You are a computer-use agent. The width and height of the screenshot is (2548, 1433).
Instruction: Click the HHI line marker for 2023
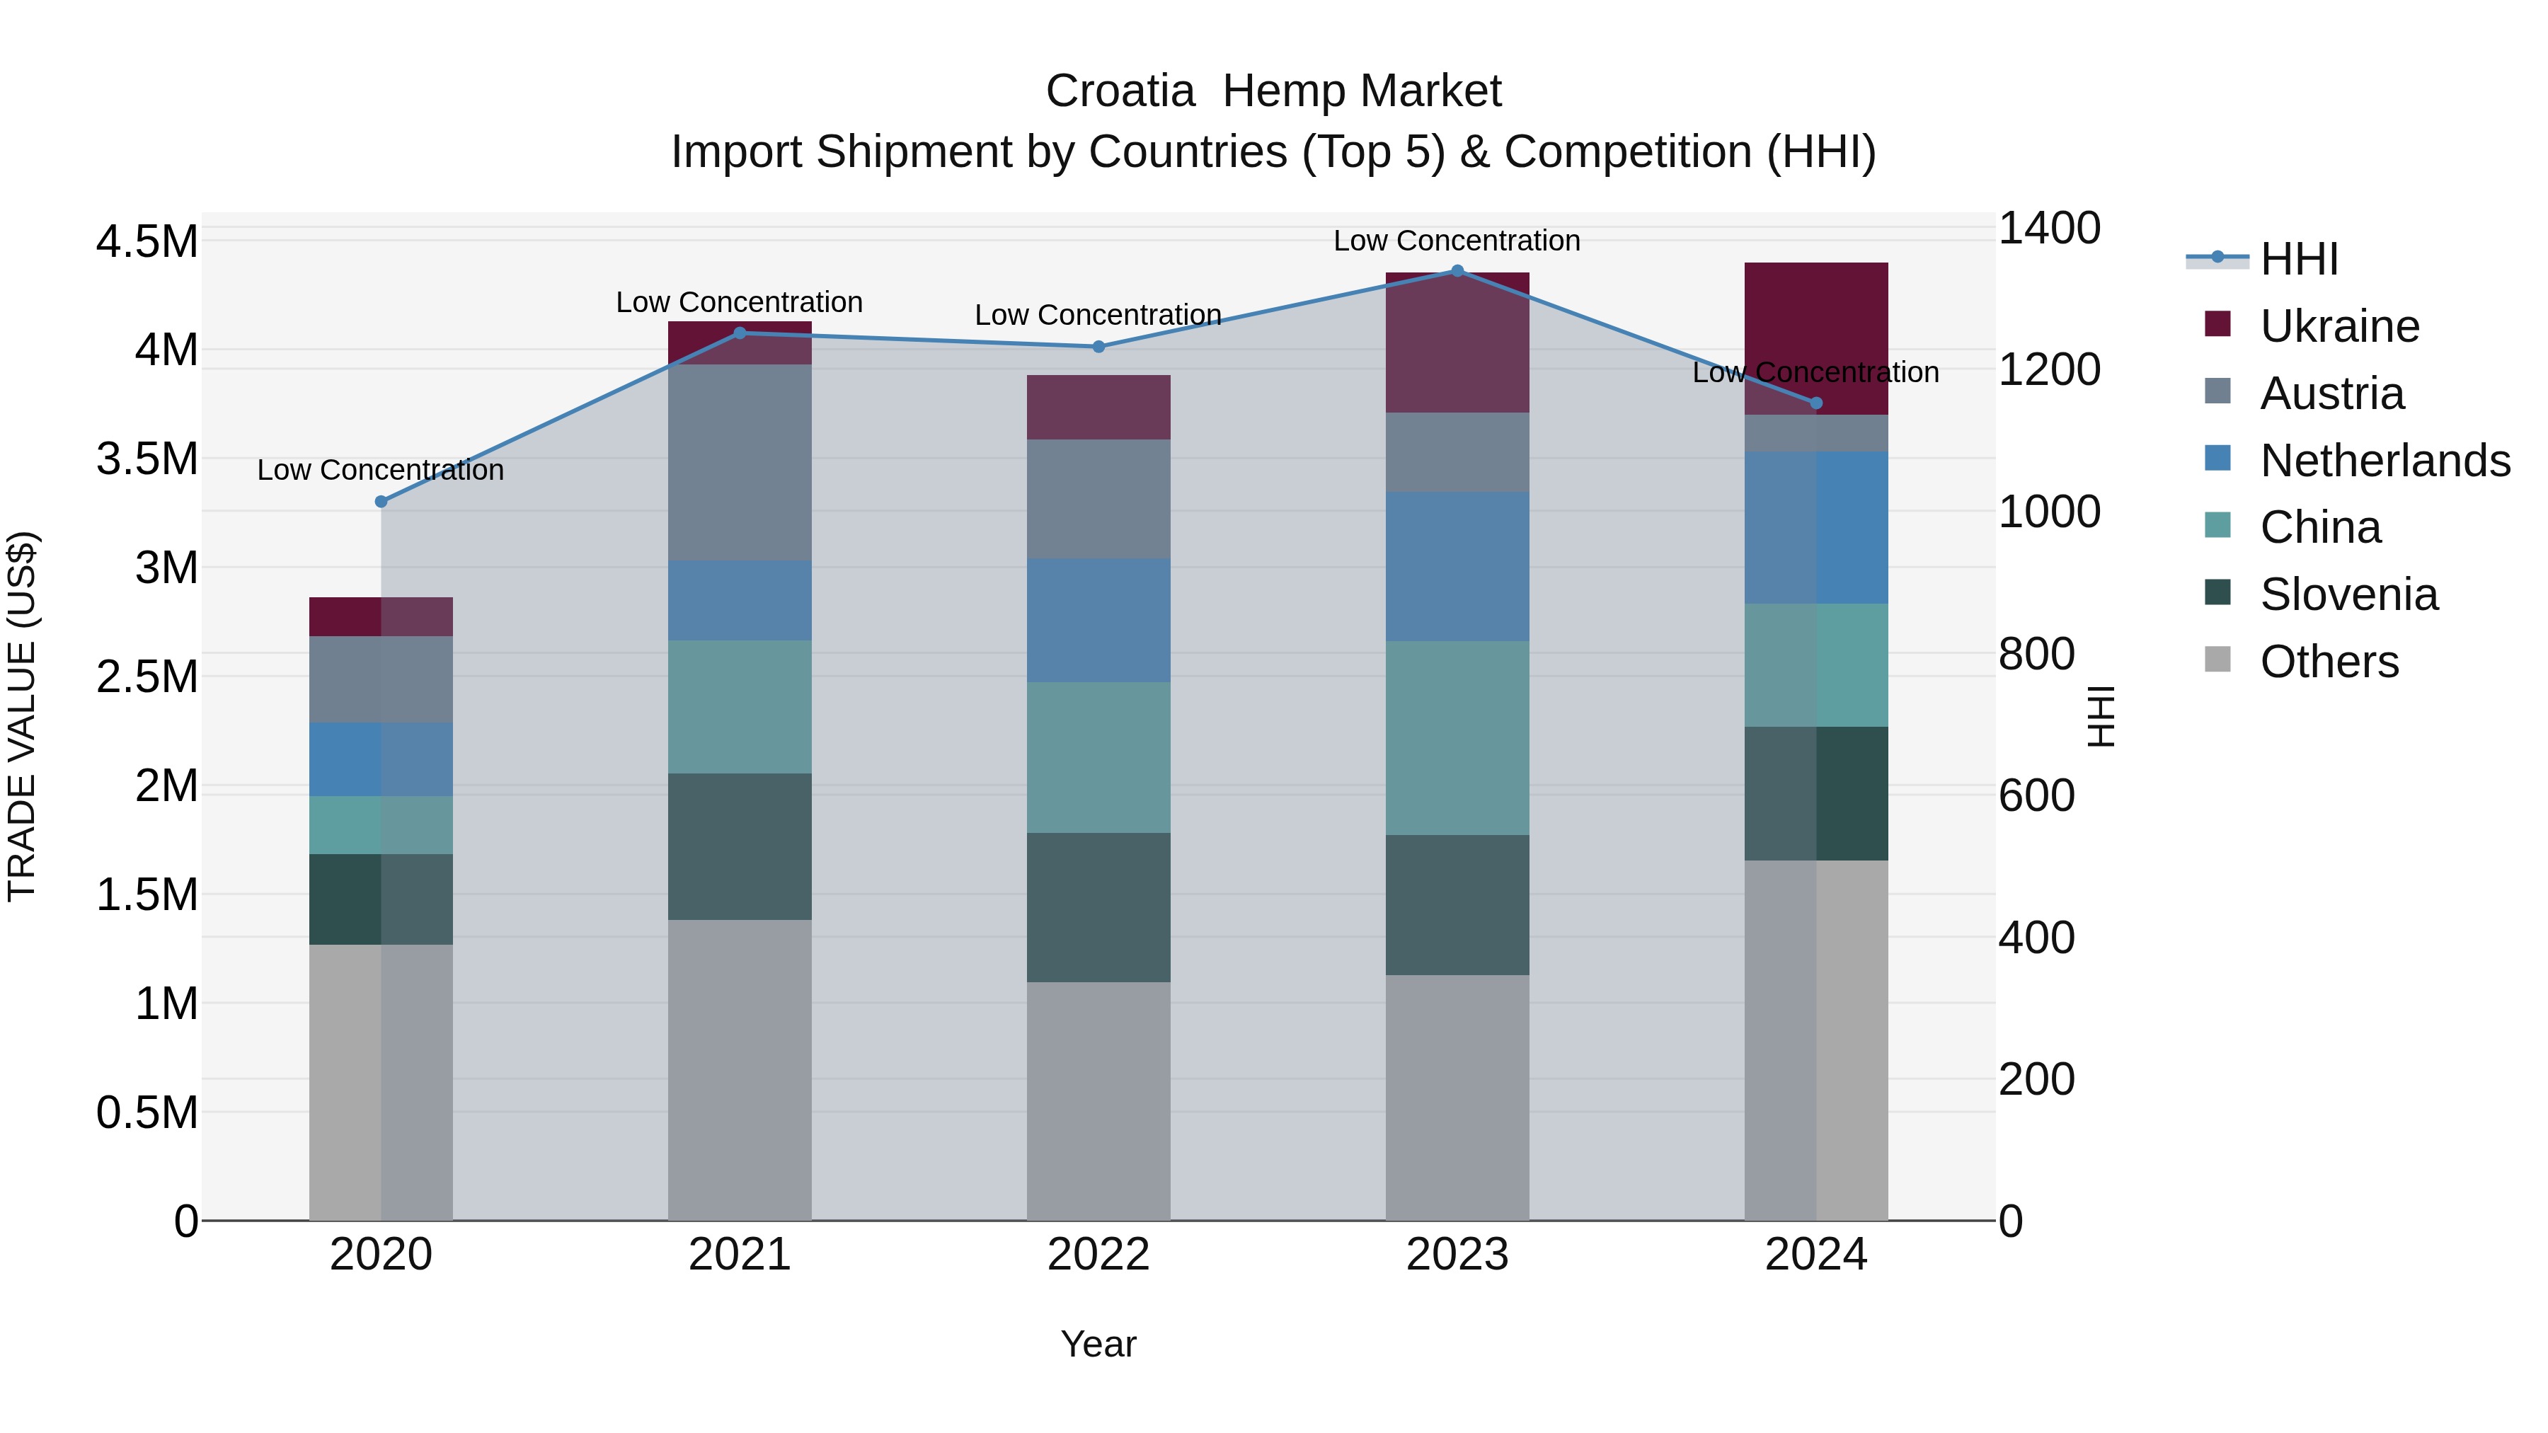pyautogui.click(x=1457, y=271)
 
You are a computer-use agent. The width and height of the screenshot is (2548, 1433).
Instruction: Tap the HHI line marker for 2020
pyautogui.click(x=381, y=502)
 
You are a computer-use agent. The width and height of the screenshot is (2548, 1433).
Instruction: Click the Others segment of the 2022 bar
pyautogui.click(x=1098, y=1100)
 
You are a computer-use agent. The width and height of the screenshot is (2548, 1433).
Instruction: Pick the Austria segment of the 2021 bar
pyautogui.click(x=740, y=462)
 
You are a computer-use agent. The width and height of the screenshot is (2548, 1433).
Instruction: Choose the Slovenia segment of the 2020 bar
pyautogui.click(x=381, y=899)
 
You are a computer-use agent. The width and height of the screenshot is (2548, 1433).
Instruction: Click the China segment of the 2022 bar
pyautogui.click(x=1098, y=756)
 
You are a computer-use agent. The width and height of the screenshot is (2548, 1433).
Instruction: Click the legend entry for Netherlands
pyautogui.click(x=2384, y=461)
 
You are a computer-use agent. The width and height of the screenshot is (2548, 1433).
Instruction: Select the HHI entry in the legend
pyautogui.click(x=2297, y=259)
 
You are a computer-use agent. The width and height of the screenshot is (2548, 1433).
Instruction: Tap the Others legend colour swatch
pyautogui.click(x=2217, y=660)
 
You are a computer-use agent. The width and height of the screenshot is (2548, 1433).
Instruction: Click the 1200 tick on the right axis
pyautogui.click(x=2048, y=370)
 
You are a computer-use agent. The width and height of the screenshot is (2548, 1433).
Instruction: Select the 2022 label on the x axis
pyautogui.click(x=1098, y=1255)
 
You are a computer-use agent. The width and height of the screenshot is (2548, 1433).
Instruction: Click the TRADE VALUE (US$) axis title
pyautogui.click(x=23, y=716)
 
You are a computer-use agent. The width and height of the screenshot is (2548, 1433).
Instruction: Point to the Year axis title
pyautogui.click(x=1098, y=1344)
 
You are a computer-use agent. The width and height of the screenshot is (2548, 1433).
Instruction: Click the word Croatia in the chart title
pyautogui.click(x=1120, y=92)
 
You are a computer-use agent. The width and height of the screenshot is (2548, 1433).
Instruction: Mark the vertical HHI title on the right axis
pyautogui.click(x=2100, y=716)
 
